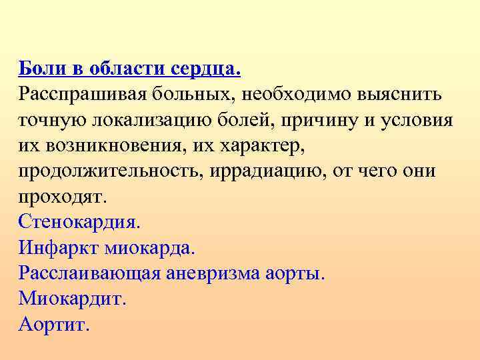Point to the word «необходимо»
[291, 94]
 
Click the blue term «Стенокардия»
[80, 223]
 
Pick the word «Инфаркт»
[57, 249]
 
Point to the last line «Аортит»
[53, 325]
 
